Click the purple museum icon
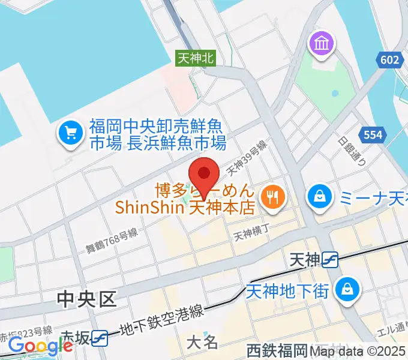320,45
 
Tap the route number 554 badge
373,136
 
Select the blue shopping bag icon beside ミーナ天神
320,196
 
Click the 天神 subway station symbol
331,259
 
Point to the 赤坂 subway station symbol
100,338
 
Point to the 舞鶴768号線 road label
112,239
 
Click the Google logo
41,345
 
